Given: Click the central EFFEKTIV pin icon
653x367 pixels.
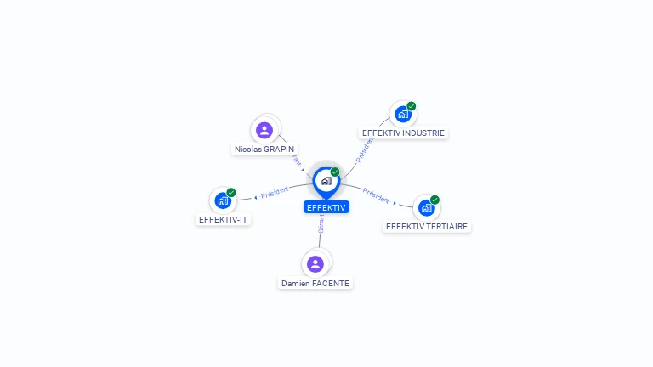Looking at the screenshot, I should click(326, 180).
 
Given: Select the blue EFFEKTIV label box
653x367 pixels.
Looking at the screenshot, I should click(326, 207).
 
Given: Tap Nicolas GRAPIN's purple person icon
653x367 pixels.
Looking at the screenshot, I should click(264, 130).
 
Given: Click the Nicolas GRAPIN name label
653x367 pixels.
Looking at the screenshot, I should click(264, 149).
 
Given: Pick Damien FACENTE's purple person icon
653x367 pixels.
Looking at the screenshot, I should click(315, 263).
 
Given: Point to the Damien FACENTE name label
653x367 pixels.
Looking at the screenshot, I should click(315, 283).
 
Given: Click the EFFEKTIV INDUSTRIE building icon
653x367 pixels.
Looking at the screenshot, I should click(403, 114).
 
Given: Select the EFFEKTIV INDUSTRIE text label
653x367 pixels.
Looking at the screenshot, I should click(403, 133).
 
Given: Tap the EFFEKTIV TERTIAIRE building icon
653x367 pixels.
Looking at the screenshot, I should click(426, 207).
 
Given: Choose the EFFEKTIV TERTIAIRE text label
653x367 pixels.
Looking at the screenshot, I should click(427, 226).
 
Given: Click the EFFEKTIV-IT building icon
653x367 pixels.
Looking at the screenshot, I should click(223, 200).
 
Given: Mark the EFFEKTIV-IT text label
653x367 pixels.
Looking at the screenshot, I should click(224, 219).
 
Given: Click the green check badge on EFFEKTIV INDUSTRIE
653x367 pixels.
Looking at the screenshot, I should click(412, 106).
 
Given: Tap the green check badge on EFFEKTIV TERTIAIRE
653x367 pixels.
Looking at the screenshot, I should click(434, 200).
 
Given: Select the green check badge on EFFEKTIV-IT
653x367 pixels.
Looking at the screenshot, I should click(231, 193).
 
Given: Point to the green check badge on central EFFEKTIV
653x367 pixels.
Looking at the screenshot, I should click(335, 172).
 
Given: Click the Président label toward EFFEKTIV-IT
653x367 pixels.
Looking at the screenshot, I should click(275, 193).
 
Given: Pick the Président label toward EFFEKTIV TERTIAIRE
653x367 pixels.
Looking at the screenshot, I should click(376, 195).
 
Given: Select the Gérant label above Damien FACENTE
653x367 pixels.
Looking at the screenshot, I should click(321, 223).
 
